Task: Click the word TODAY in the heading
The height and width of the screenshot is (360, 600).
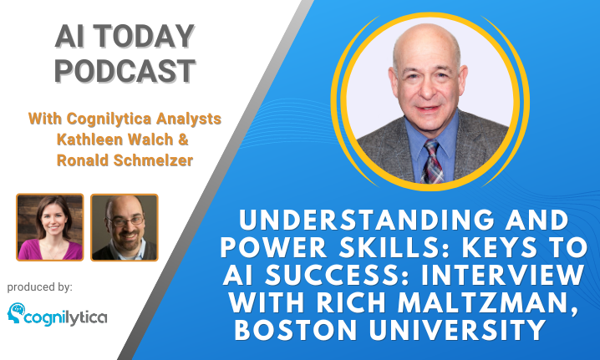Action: pos(144,37)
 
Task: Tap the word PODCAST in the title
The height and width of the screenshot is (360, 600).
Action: pos(125,71)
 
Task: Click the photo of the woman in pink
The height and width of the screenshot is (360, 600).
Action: pos(50,227)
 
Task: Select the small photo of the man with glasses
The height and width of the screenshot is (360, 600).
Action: pos(125,227)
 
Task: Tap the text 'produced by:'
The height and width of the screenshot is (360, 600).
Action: pos(40,287)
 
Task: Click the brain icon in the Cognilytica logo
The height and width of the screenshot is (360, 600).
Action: pos(16,313)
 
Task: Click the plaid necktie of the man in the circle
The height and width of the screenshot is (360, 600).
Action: pos(432,161)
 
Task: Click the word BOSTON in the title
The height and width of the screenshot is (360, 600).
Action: pos(296,330)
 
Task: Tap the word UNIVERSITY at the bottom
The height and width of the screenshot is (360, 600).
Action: pos(457,330)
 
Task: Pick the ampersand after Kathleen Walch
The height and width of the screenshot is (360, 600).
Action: pos(183,139)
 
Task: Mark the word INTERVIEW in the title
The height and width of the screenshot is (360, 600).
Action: pos(503,275)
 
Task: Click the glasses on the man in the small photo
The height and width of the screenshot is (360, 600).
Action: pos(125,221)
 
